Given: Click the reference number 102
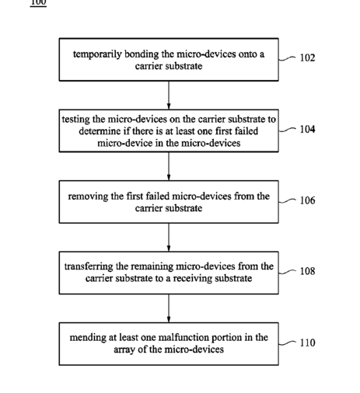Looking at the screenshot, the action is coord(307,57).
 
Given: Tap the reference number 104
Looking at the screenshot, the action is coord(307,129).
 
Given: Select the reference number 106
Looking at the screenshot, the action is coord(307,200).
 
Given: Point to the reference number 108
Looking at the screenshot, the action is coord(307,271).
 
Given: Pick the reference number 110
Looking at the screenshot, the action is coord(307,343).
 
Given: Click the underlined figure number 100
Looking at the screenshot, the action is coord(38,2).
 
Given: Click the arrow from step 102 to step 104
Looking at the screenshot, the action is coord(169,95).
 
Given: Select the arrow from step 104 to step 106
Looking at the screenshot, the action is coord(169,166).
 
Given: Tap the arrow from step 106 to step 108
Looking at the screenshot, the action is coord(169,237).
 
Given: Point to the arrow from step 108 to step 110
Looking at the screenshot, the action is coord(169,308).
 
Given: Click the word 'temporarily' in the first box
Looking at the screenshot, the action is coord(97,54).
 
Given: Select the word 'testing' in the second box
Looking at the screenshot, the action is coord(76,120).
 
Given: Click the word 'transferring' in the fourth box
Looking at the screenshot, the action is coord(89,266).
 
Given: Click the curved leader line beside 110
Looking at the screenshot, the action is coord(287,343).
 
